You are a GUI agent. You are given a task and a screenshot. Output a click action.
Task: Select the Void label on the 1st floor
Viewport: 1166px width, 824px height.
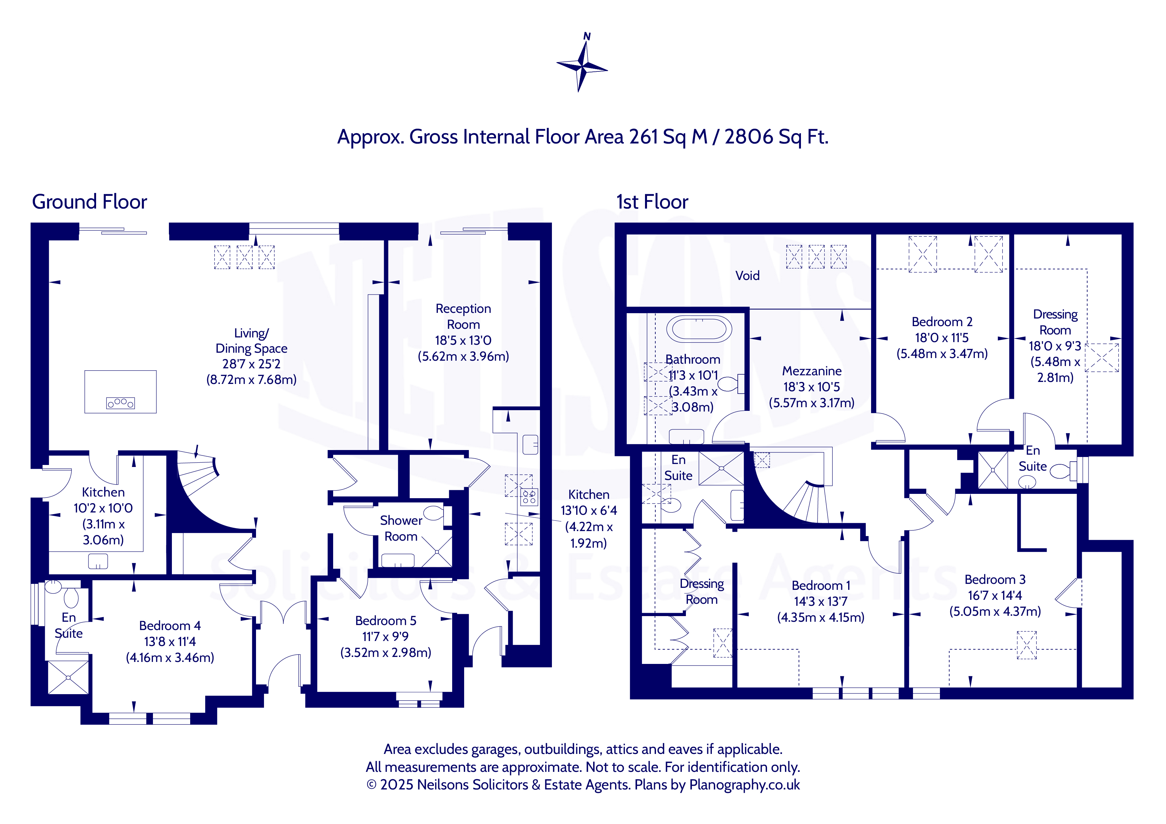click(747, 276)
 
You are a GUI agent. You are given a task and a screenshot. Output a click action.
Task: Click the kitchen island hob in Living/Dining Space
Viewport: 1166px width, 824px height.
click(120, 403)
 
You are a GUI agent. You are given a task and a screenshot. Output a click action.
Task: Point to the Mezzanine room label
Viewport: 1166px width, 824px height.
click(812, 371)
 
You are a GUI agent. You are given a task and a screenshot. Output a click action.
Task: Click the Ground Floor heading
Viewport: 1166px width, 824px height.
click(89, 202)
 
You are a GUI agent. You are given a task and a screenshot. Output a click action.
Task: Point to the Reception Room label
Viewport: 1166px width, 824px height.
click(463, 317)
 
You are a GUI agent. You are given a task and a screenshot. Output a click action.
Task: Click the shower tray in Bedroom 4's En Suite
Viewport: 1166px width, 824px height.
click(68, 677)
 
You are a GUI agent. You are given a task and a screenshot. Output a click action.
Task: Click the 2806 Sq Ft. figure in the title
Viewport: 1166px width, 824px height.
click(776, 137)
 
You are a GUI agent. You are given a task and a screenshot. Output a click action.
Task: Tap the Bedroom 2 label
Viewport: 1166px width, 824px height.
click(942, 322)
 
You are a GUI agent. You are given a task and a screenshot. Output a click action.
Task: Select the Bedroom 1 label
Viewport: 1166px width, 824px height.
click(821, 586)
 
